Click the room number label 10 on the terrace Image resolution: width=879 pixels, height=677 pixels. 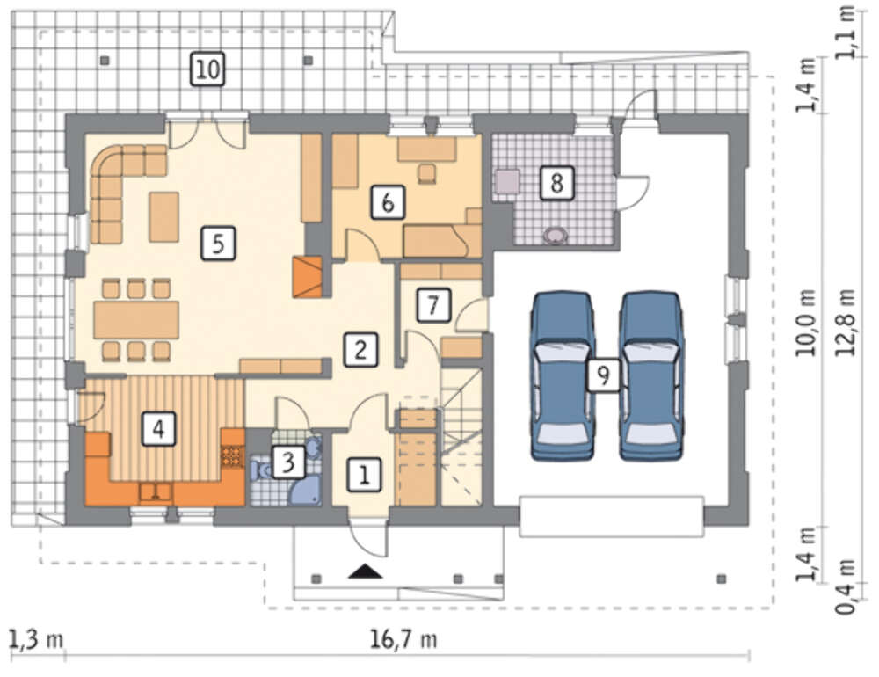point(207,69)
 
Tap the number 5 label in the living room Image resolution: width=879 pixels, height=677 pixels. point(218,244)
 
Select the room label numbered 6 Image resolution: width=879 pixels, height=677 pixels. point(388,202)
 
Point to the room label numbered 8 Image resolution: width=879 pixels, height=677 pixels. point(556,182)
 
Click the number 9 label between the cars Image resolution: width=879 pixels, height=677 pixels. point(603,375)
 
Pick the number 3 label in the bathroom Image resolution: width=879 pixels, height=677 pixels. point(288,462)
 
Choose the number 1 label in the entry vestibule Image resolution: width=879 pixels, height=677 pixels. point(365,476)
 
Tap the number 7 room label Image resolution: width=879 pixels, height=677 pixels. point(433,305)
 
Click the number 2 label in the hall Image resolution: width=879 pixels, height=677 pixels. point(360,349)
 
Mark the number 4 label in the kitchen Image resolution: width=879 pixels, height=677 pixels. point(158,429)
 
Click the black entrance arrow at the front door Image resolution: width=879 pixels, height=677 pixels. point(365,571)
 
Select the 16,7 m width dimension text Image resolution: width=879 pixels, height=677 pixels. point(403,639)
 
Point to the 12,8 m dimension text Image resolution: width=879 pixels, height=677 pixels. point(846,323)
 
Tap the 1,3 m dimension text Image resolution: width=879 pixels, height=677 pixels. point(35,639)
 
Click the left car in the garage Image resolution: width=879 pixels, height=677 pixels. point(563,375)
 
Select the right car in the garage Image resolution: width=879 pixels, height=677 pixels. point(650,375)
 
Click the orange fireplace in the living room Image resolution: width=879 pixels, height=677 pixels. point(307,277)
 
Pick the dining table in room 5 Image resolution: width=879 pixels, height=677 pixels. point(136,320)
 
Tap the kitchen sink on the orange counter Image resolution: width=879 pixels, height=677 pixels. point(156,491)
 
